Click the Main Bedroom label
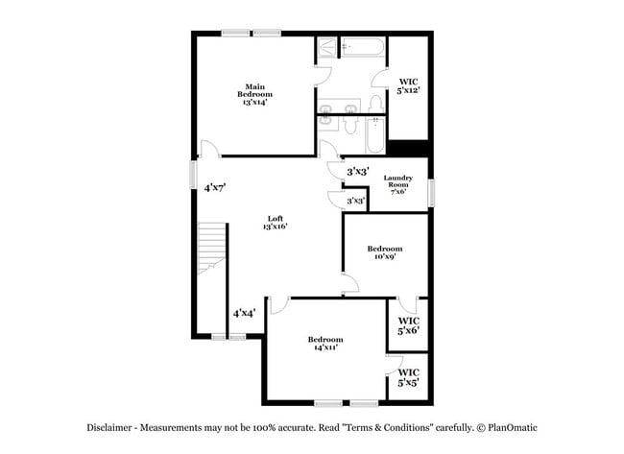[x=254, y=94]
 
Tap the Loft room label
[x=276, y=223]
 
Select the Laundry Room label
[x=397, y=182]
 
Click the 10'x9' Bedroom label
[x=384, y=252]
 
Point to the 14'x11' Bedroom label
[x=324, y=343]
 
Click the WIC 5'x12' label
[x=408, y=85]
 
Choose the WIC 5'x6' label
[x=408, y=325]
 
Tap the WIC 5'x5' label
[x=408, y=377]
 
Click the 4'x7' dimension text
[x=214, y=188]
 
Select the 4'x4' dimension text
[x=243, y=313]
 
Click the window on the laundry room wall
[x=431, y=192]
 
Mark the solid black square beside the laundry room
[x=408, y=148]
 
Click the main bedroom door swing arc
[x=210, y=149]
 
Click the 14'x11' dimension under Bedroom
[x=324, y=347]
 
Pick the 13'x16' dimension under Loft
[x=276, y=227]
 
